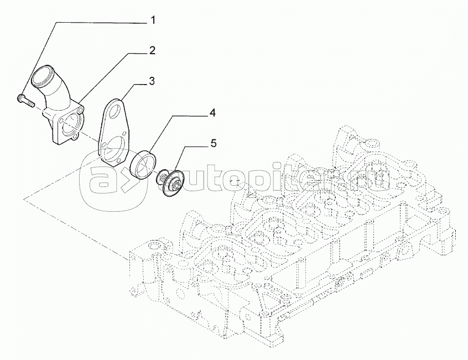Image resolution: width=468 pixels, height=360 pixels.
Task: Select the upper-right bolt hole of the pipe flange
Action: pyautogui.click(x=81, y=110)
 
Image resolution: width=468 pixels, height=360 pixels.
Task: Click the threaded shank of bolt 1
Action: pyautogui.click(x=29, y=102)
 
